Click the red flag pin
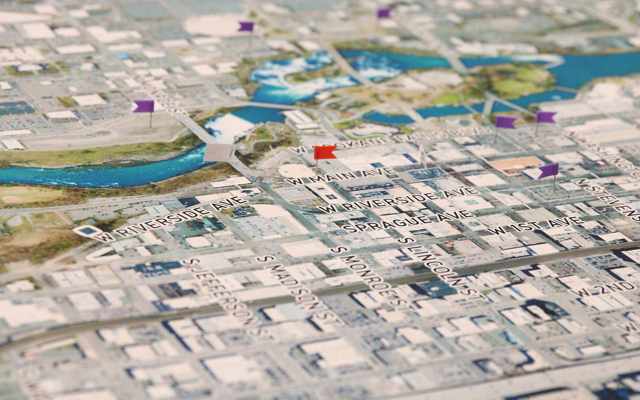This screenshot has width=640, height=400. tap(325, 152)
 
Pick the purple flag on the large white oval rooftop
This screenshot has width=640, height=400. tap(246, 26)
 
